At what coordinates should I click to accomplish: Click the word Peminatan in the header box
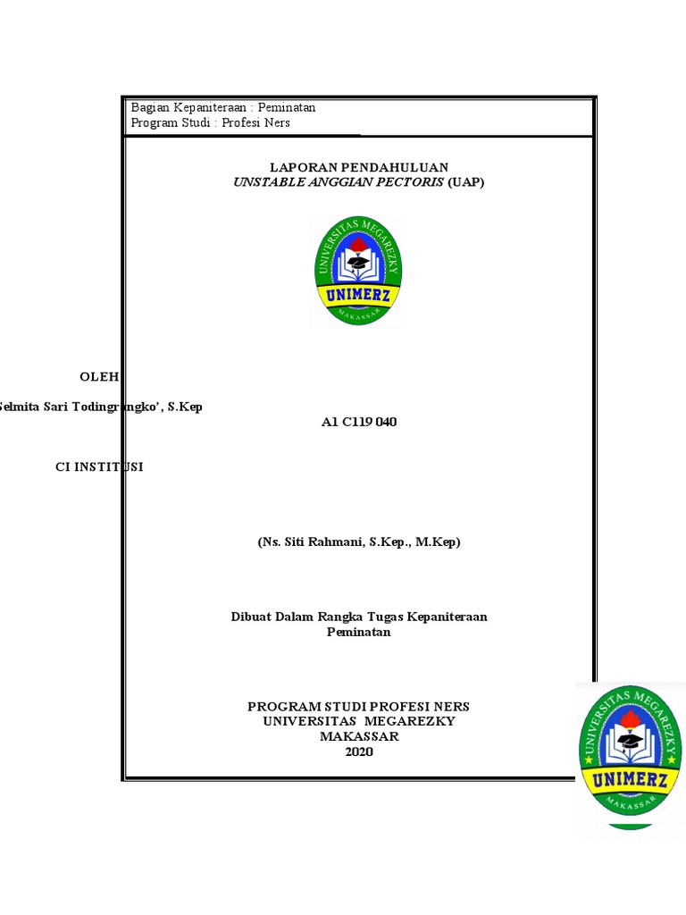(x=286, y=107)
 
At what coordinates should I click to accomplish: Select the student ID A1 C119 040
(x=358, y=422)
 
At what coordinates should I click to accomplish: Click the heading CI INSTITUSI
(x=99, y=466)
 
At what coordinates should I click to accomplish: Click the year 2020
(x=359, y=751)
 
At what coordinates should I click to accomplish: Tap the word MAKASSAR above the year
(x=359, y=736)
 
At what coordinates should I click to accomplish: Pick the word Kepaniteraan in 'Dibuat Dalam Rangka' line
(x=447, y=617)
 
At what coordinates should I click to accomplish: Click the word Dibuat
(x=251, y=617)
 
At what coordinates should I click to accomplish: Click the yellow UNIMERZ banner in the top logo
(x=358, y=295)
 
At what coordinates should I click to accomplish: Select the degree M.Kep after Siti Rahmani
(x=437, y=541)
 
